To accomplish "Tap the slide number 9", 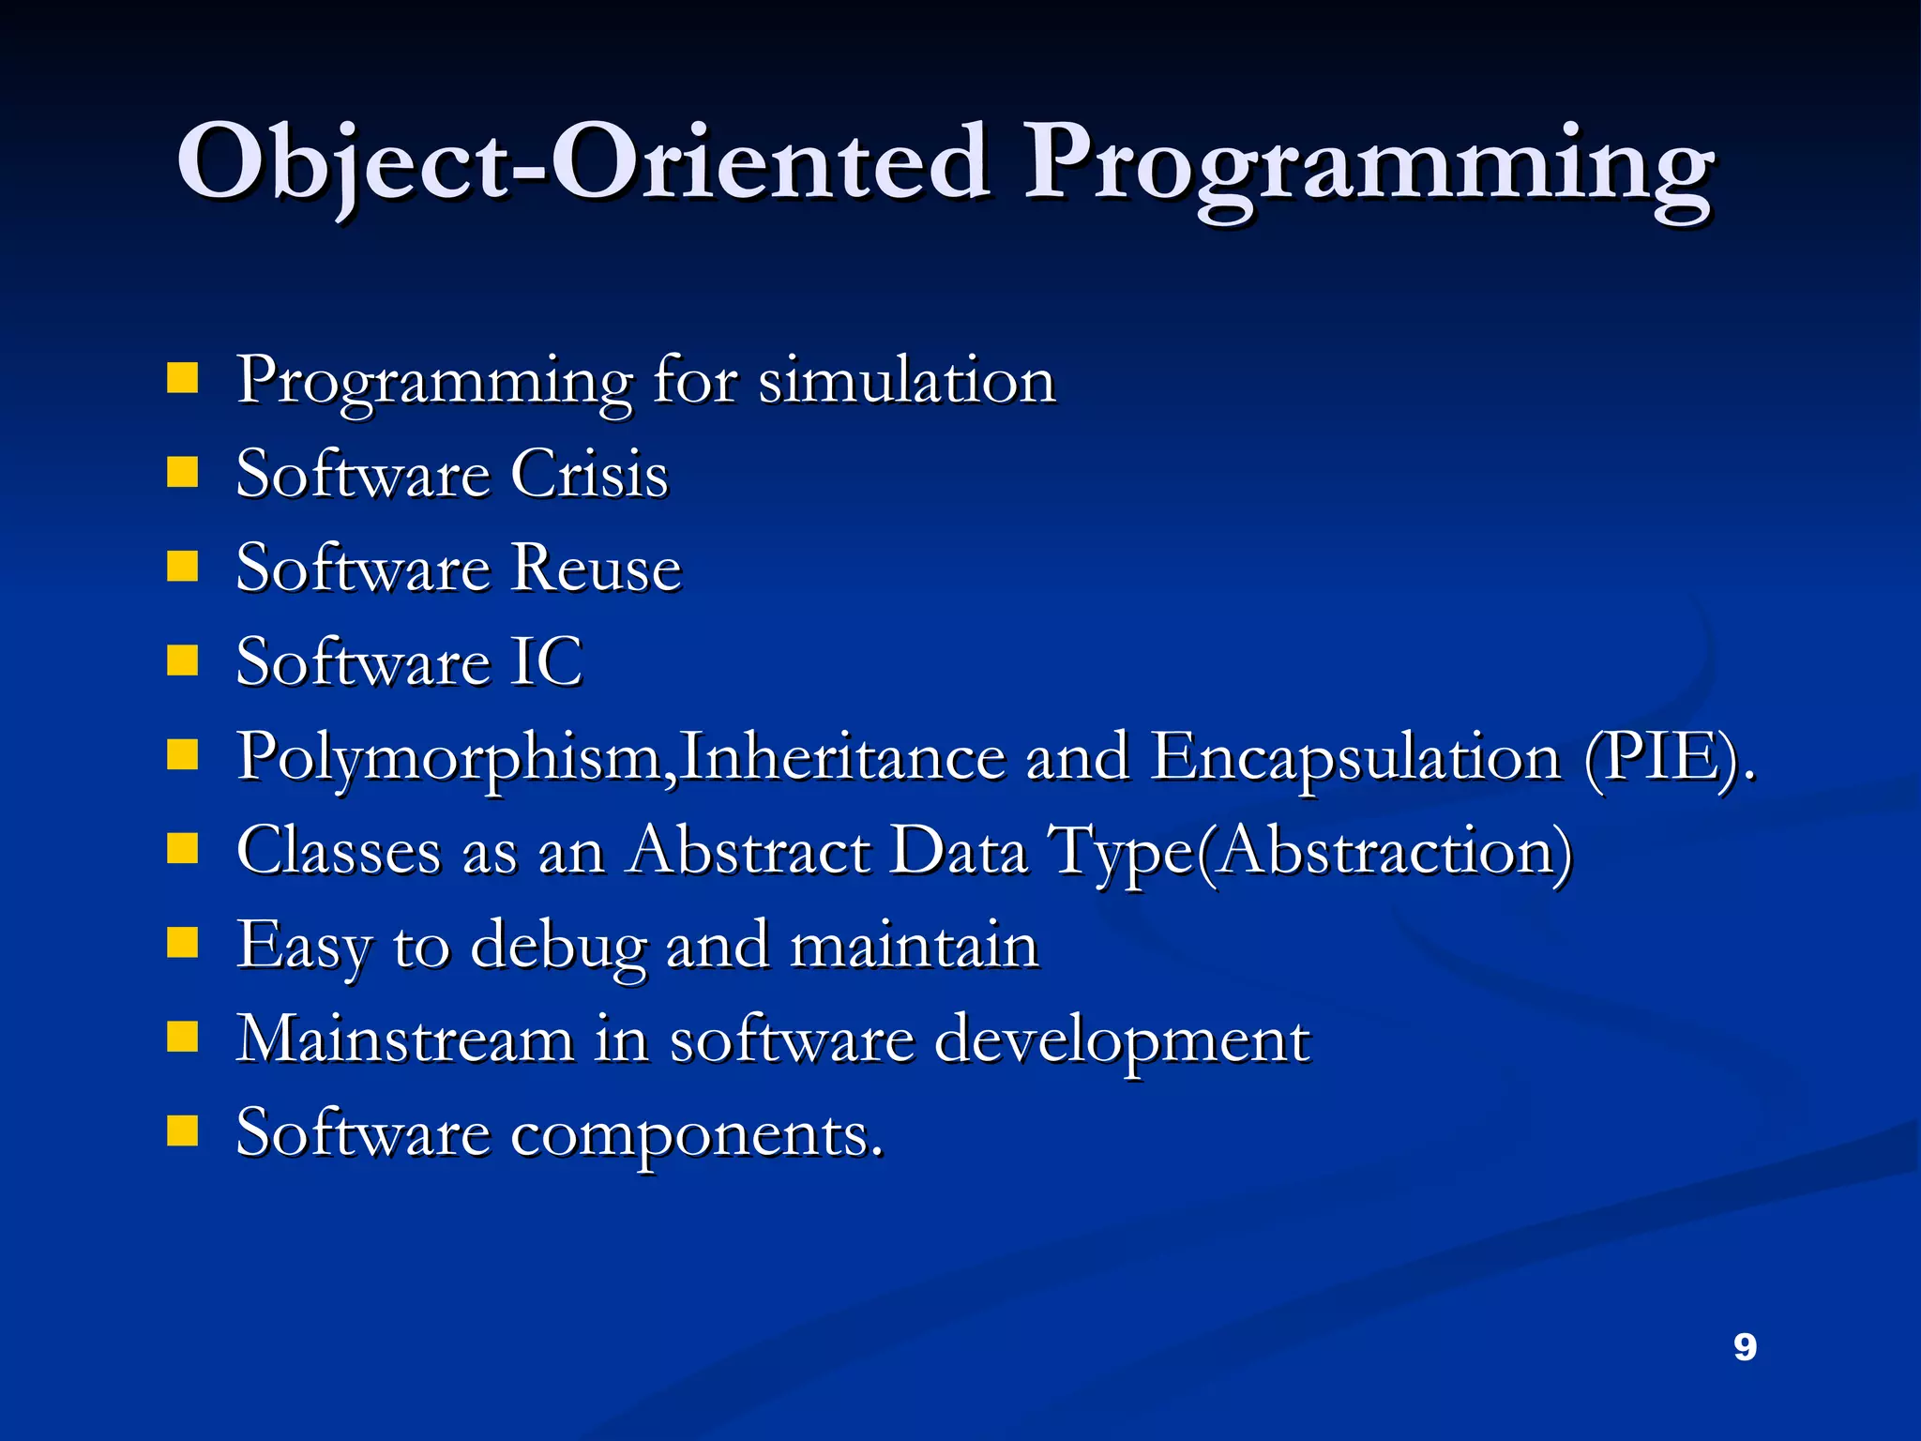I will (1745, 1347).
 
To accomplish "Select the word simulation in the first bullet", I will (907, 381).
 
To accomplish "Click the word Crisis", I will (589, 474).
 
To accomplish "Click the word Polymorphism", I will (448, 758).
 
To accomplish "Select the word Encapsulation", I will (1354, 758).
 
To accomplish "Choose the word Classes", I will (339, 851).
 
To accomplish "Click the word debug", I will (558, 947).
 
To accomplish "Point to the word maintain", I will (914, 945).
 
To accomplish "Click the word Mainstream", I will (404, 1039).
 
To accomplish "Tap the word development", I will (1122, 1041).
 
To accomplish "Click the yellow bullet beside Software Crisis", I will (183, 473).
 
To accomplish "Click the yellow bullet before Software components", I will (183, 1131).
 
